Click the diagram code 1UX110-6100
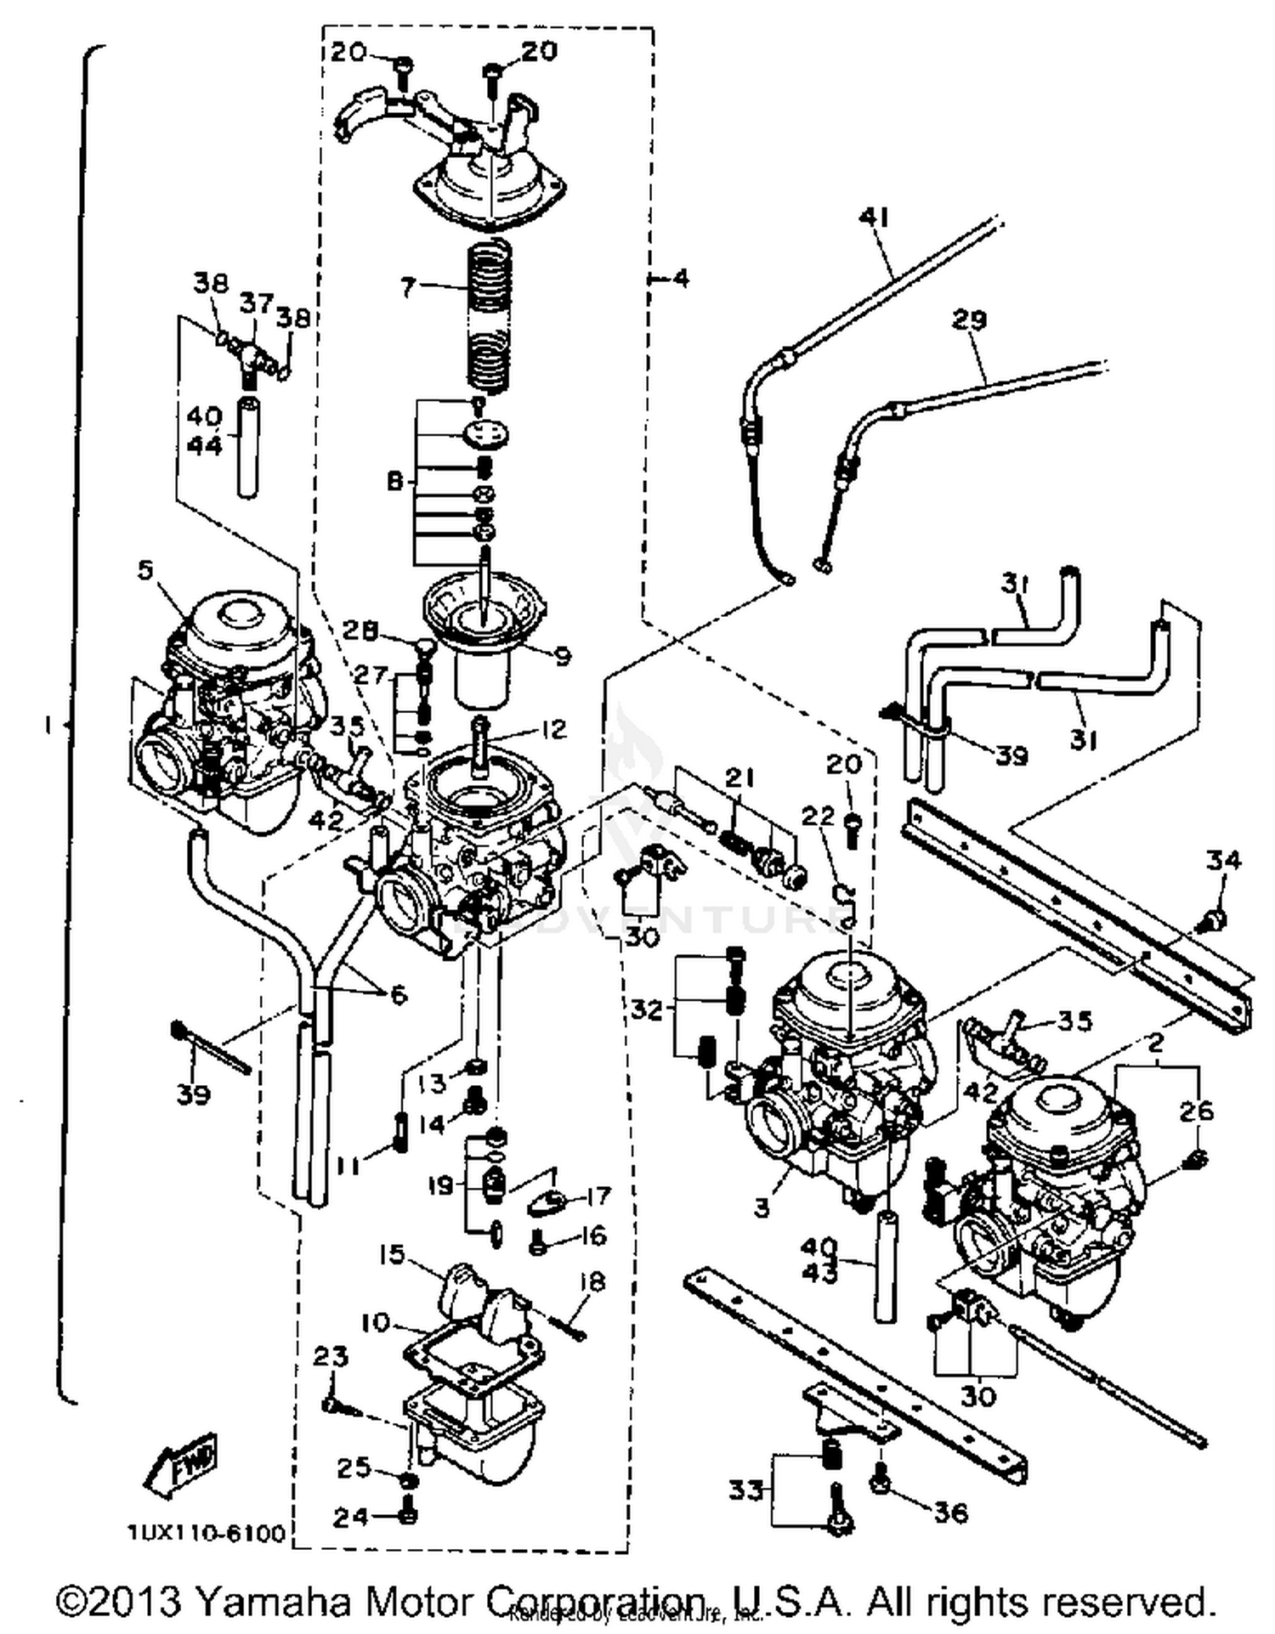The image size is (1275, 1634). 207,1534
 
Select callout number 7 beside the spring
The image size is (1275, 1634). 408,288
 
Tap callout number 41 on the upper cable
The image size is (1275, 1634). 874,218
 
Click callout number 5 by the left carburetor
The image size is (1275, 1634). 145,569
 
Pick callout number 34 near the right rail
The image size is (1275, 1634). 1223,861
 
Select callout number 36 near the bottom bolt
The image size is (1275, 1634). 950,1512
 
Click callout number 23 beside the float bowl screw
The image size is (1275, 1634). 330,1357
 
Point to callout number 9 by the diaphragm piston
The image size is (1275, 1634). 562,655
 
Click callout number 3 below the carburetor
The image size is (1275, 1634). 761,1207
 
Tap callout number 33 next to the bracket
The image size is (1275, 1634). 745,1490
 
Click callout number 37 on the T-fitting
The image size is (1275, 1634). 256,302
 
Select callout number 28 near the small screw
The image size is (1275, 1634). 360,630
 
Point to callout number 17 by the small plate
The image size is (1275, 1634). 598,1196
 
